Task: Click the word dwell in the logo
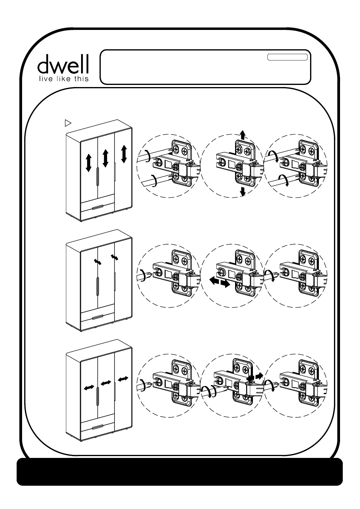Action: pyautogui.click(x=63, y=64)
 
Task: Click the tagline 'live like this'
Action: pyautogui.click(x=63, y=79)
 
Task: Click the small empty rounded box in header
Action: pyautogui.click(x=287, y=57)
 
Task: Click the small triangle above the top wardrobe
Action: pyautogui.click(x=68, y=123)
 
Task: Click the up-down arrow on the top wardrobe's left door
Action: pyautogui.click(x=88, y=162)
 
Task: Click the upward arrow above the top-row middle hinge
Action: pyautogui.click(x=242, y=135)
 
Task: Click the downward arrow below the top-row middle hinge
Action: pyautogui.click(x=242, y=191)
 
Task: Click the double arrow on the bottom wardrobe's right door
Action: pyautogui.click(x=123, y=378)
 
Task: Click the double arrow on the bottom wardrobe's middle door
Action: pyautogui.click(x=106, y=383)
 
